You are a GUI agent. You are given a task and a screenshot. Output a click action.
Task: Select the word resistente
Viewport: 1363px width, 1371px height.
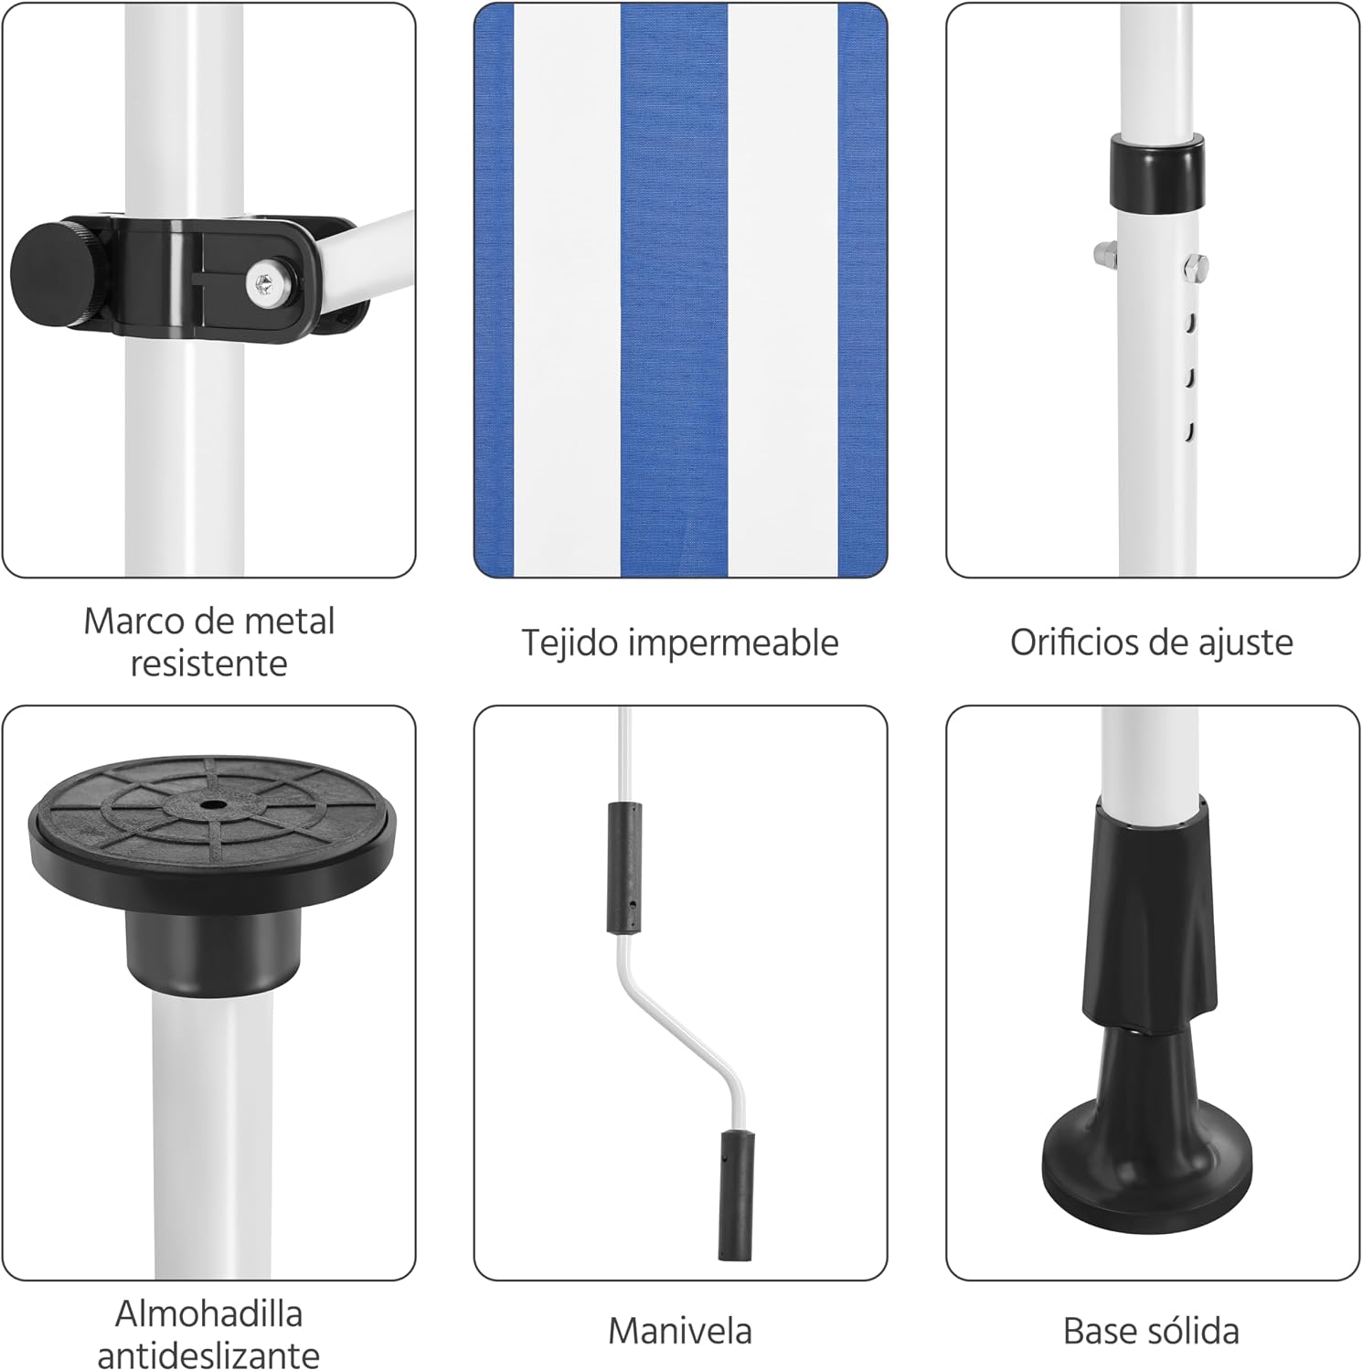[x=208, y=664]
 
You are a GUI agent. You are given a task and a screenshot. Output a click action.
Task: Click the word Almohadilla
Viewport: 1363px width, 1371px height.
[x=208, y=1314]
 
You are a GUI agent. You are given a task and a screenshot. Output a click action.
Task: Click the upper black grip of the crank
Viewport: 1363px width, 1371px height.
[x=624, y=868]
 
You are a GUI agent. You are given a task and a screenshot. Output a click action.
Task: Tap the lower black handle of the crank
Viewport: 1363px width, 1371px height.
[x=736, y=1195]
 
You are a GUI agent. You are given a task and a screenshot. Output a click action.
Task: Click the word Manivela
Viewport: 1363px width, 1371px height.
[x=680, y=1331]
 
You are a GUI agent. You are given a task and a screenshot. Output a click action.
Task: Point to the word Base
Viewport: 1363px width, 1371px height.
[x=1097, y=1331]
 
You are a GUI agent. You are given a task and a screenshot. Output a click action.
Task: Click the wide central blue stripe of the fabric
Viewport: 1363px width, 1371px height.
[x=675, y=291]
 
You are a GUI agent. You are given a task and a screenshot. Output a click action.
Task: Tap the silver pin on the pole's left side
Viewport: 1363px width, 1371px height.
[x=1103, y=250]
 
